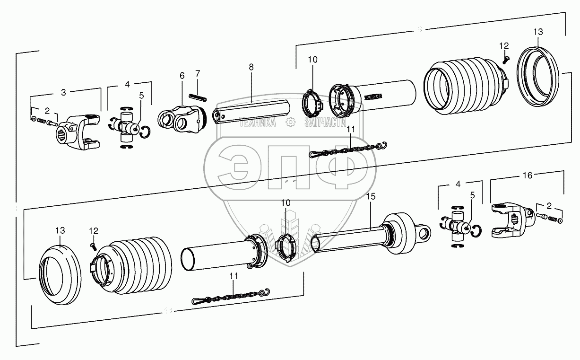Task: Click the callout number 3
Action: click(63, 92)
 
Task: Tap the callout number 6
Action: click(182, 76)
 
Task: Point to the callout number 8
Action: click(251, 67)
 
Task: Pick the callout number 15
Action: click(370, 195)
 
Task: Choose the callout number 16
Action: click(527, 176)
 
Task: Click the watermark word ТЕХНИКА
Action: click(258, 123)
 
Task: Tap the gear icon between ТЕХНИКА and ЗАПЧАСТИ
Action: click(290, 123)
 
